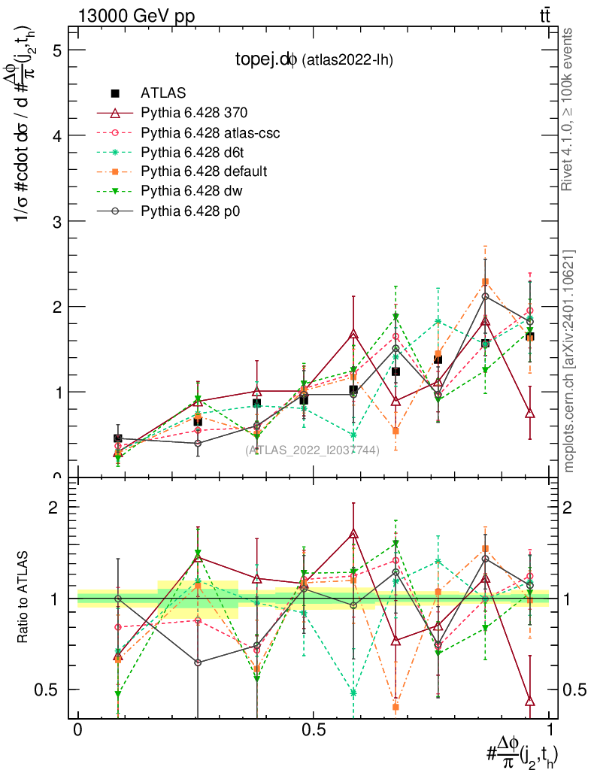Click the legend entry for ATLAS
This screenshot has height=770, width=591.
pos(162,93)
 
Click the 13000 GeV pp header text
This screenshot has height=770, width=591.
pos(135,16)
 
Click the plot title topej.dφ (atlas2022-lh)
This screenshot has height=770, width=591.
pos(314,59)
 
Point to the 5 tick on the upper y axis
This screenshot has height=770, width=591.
pos(56,50)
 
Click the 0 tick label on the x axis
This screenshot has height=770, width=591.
pos(77,730)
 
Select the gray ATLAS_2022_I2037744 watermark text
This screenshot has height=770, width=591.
pos(311,450)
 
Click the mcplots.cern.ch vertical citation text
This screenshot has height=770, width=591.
pos(569,361)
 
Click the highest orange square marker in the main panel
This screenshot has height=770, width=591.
pos(486,282)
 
